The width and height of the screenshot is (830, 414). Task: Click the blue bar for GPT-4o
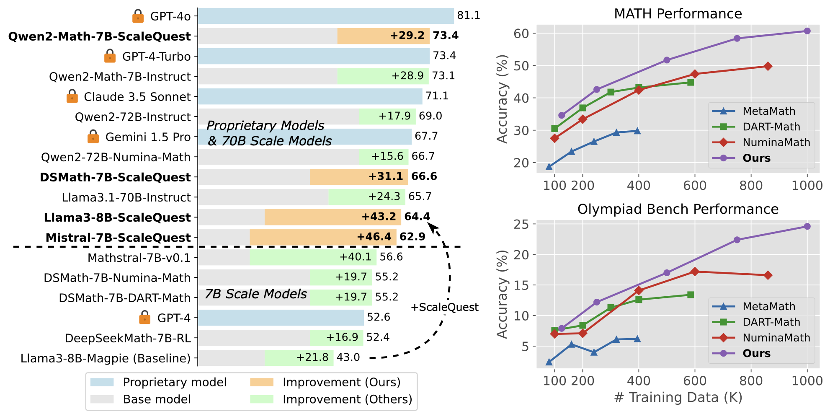[x=326, y=16]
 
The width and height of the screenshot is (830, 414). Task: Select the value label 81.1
[x=469, y=16]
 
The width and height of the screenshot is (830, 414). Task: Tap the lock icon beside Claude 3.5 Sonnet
[x=72, y=96]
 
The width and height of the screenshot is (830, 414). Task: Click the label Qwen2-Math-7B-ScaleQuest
[x=100, y=36]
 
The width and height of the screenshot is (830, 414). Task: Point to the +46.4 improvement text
[x=374, y=237]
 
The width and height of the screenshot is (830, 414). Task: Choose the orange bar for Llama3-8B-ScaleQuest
[x=333, y=217]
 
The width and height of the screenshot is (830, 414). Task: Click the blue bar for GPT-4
[x=281, y=318]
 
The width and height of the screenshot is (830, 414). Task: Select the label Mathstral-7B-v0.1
[x=139, y=258]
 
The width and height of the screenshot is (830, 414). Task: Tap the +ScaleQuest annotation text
[x=444, y=307]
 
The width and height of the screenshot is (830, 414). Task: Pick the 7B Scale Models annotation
[x=255, y=294]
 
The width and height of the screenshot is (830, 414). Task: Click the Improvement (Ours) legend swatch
[x=262, y=382]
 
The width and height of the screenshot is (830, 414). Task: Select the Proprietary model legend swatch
[x=102, y=382]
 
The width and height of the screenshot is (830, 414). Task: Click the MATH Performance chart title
[x=678, y=14]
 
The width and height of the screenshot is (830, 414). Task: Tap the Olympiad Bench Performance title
[x=678, y=209]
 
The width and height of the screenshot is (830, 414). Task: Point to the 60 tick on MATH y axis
[x=522, y=33]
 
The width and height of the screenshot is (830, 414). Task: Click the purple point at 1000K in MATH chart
[x=807, y=31]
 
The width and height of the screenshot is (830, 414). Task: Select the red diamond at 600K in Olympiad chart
[x=695, y=272]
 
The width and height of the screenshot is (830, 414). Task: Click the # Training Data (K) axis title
[x=678, y=397]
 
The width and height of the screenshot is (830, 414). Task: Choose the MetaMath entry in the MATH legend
[x=768, y=111]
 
